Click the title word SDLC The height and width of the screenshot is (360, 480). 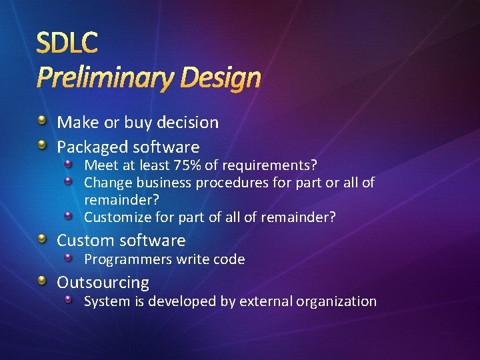point(67,43)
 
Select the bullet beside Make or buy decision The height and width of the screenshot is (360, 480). point(42,121)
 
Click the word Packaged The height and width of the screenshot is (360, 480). point(93,147)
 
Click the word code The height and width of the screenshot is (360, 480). point(230,259)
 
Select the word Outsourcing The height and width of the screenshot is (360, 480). point(103,282)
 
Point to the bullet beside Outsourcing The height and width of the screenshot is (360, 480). point(42,281)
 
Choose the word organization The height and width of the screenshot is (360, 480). point(336,301)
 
